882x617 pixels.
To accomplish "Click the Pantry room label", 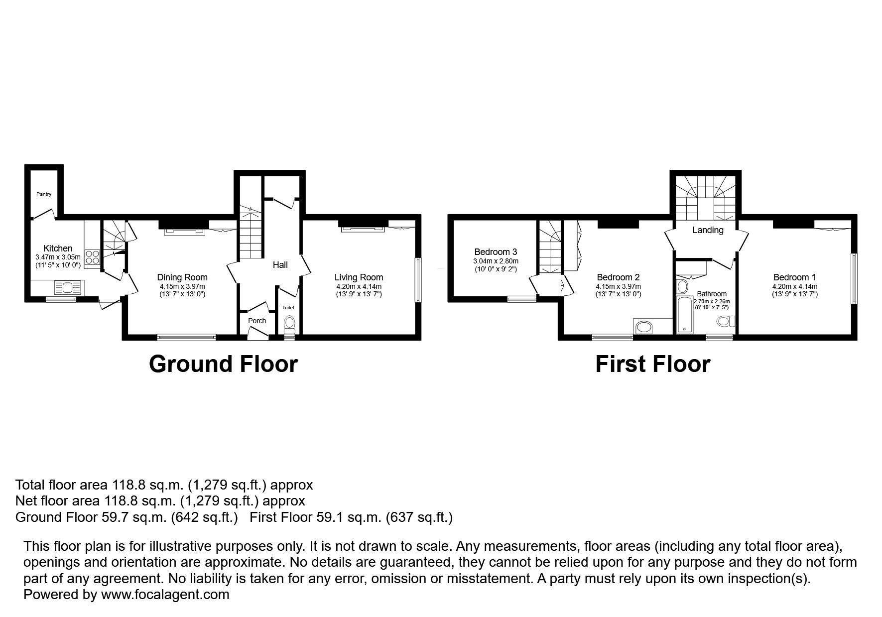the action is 44,194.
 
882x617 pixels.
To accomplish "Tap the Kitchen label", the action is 58,248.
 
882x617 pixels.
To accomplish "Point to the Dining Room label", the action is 182,277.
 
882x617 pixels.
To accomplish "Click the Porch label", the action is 257,321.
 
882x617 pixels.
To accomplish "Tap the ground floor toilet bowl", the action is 289,324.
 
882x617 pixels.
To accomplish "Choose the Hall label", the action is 280,265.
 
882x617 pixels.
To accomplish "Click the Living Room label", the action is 359,277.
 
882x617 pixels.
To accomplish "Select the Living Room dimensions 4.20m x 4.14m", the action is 359,286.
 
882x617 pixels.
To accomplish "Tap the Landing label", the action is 708,230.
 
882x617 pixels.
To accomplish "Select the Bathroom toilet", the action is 726,321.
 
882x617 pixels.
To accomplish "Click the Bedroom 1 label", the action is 794,277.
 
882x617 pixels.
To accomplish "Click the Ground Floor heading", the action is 223,364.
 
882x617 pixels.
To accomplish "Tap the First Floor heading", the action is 652,364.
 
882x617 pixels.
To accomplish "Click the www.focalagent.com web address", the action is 165,595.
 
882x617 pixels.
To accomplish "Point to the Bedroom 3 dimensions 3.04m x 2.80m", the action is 496,261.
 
